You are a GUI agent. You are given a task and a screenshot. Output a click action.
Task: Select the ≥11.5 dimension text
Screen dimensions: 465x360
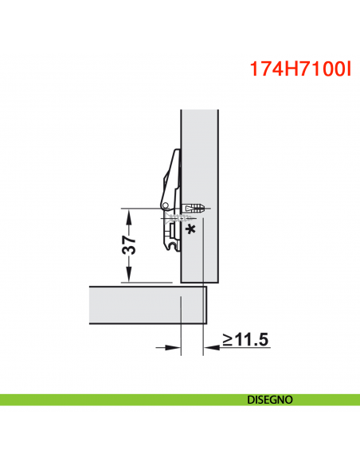pyautogui.click(x=245, y=340)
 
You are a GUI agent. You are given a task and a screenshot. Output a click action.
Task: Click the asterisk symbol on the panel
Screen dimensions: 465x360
pyautogui.click(x=190, y=230)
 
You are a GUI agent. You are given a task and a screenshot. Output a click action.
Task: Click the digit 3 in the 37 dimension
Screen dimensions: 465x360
pyautogui.click(x=127, y=254)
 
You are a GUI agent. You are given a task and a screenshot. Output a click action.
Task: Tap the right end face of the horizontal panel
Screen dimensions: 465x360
pyautogui.click(x=205, y=304)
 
